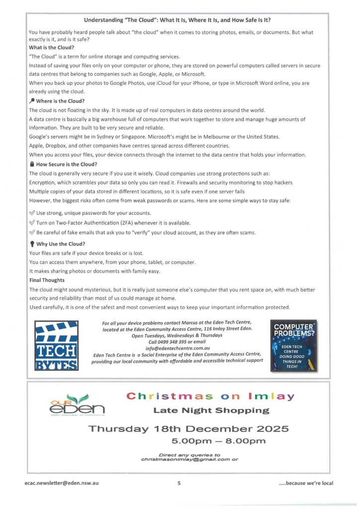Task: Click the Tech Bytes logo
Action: [57, 346]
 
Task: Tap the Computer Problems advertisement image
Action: [293, 346]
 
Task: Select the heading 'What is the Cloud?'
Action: [51, 48]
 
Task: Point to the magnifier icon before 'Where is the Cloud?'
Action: [32, 101]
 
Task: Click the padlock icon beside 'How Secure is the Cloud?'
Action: [32, 165]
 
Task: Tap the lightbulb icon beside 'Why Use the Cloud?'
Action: [32, 244]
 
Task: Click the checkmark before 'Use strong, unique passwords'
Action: [32, 213]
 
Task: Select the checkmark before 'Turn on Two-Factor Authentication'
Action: [32, 223]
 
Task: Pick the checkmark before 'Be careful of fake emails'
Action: [32, 233]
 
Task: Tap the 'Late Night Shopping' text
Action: [211, 411]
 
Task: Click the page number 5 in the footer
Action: [179, 483]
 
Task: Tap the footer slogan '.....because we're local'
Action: [306, 483]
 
